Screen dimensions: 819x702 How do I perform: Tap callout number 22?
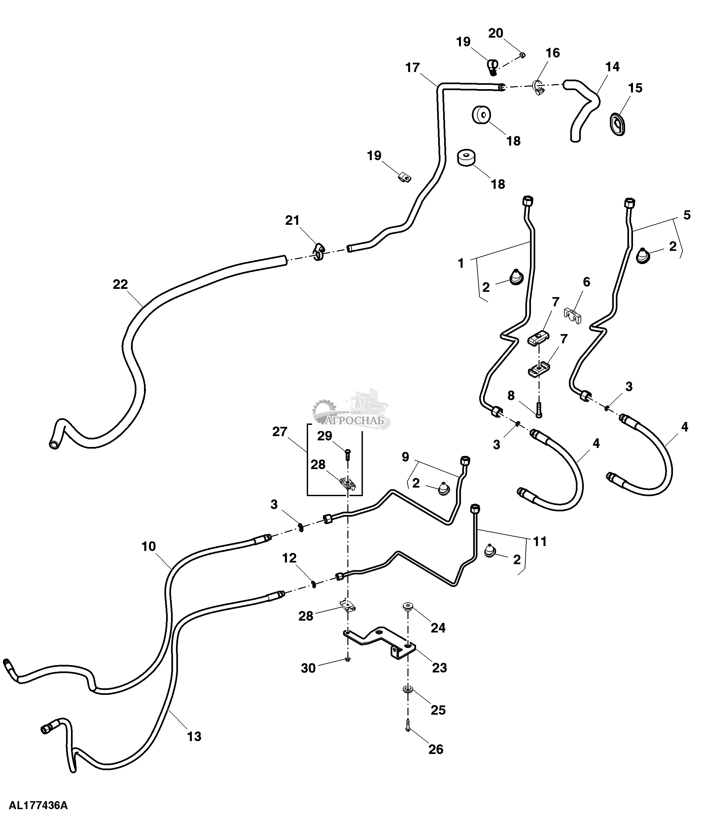click(x=120, y=284)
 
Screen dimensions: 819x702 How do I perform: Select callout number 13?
click(x=194, y=736)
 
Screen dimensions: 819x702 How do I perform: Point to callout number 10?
click(x=149, y=547)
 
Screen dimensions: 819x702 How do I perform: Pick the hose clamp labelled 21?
click(x=319, y=252)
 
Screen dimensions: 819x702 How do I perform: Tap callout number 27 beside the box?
click(x=279, y=432)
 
